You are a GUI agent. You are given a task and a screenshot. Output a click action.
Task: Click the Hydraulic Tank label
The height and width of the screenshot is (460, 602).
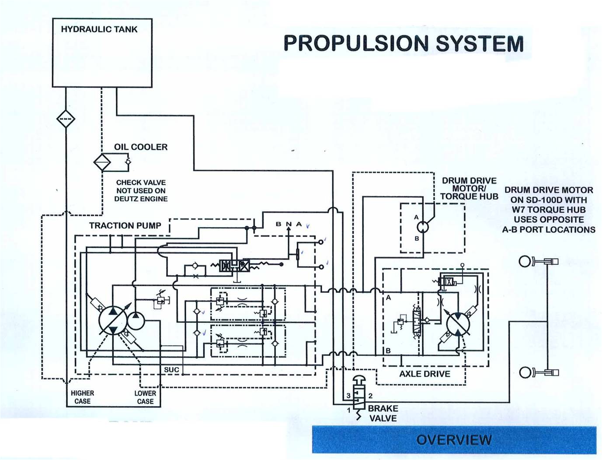[99, 29]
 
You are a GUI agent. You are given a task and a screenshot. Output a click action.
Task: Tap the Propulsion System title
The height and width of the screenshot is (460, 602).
[404, 43]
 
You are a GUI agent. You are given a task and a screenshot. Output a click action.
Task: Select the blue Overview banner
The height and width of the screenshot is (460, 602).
[454, 439]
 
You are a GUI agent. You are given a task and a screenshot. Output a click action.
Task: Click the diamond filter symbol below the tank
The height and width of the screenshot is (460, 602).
[66, 119]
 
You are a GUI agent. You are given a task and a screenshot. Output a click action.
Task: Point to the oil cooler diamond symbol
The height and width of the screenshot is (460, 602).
[103, 162]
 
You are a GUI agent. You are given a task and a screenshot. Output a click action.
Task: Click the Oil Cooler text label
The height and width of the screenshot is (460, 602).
[141, 147]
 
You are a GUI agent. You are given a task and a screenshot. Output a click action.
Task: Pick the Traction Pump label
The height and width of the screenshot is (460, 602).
[125, 226]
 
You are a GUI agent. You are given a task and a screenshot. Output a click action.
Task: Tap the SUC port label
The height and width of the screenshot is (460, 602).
[171, 370]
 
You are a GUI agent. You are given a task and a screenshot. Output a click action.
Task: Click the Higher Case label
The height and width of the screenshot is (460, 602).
[82, 397]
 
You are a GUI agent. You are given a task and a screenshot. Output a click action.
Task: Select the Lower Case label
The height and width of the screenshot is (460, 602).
[145, 397]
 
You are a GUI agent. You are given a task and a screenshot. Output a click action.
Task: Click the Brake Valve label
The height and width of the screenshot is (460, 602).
[383, 413]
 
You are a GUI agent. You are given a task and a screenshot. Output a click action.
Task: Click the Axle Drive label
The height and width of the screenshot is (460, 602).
[425, 374]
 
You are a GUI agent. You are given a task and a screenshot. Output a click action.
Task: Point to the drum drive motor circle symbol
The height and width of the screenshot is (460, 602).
[423, 227]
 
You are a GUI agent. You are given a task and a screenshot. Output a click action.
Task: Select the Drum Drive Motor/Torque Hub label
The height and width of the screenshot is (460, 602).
[469, 188]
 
